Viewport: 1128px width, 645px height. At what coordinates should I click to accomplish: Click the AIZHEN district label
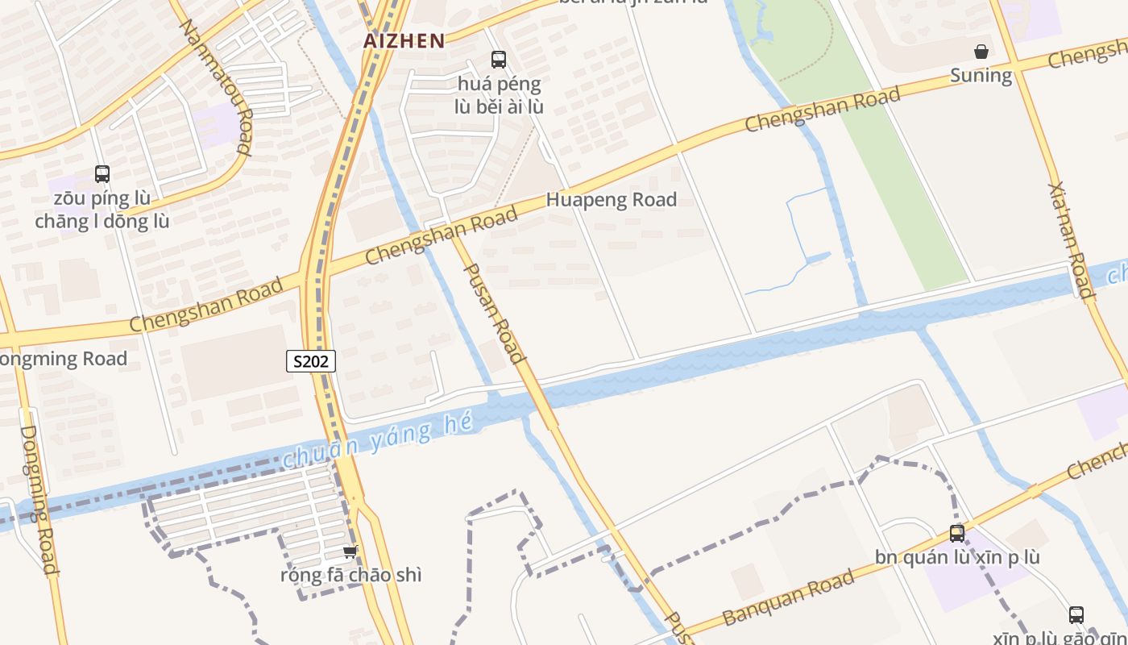point(404,41)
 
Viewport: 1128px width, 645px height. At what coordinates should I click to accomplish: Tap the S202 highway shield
point(311,361)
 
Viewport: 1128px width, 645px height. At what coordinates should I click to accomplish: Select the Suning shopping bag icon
point(981,52)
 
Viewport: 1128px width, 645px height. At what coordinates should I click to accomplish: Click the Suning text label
point(981,76)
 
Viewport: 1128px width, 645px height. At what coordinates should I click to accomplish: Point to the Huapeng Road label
point(612,200)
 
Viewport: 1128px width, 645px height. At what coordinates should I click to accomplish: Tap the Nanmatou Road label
point(215,86)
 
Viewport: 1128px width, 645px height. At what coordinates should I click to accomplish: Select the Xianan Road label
point(1071,240)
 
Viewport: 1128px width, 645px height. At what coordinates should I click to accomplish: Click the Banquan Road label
point(788,598)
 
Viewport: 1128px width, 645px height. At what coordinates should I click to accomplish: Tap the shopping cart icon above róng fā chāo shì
point(350,552)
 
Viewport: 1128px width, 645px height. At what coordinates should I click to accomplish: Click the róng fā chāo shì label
point(350,576)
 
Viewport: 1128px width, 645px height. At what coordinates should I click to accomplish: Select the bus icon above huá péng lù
point(499,59)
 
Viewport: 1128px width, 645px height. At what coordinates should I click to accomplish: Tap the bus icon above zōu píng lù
point(102,173)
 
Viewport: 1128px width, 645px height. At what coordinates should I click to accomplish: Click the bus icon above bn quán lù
point(957,533)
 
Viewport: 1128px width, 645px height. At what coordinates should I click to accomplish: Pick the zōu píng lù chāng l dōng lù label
point(102,210)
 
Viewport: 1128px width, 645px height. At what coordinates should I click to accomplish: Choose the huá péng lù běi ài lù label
point(500,95)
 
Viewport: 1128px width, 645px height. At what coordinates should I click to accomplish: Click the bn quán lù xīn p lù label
point(957,557)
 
